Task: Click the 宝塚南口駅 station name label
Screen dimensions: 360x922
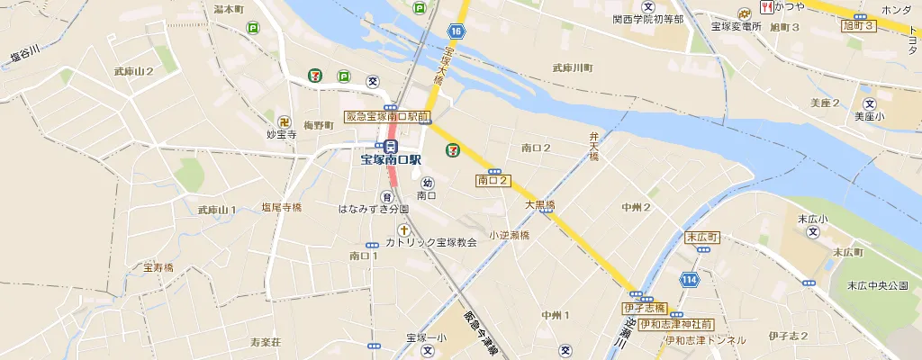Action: pyautogui.click(x=391, y=160)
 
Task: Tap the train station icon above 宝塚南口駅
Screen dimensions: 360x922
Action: pyautogui.click(x=391, y=146)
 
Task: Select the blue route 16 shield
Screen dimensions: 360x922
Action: pyautogui.click(x=457, y=32)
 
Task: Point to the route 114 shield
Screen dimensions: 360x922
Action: pyautogui.click(x=690, y=280)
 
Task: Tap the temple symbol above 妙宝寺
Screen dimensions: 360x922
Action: pyautogui.click(x=284, y=121)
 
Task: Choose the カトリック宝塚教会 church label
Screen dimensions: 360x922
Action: pyautogui.click(x=431, y=243)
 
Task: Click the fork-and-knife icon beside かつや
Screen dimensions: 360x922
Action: pyautogui.click(x=767, y=6)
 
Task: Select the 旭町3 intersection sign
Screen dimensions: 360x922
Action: pyautogui.click(x=859, y=26)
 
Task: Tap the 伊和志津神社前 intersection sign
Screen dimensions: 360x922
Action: pyautogui.click(x=681, y=323)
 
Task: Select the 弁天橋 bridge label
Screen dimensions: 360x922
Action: pyautogui.click(x=594, y=147)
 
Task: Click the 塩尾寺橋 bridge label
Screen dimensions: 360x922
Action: pyautogui.click(x=281, y=207)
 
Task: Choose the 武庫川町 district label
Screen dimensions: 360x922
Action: pyautogui.click(x=573, y=67)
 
